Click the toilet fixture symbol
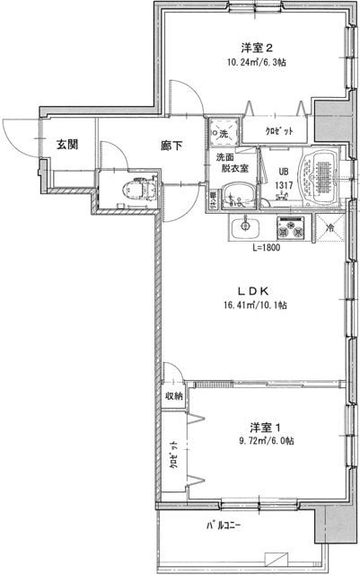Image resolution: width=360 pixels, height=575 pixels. click(135, 190)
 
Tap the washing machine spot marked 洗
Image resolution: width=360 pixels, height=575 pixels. click(223, 133)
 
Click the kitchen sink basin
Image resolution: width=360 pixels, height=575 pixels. click(243, 228)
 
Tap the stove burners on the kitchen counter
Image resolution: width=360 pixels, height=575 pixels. click(294, 228)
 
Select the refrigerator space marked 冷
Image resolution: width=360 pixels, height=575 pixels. click(330, 229)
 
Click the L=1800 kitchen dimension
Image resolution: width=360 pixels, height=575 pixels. click(266, 248)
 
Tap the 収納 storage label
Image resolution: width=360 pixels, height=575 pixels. click(173, 395)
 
